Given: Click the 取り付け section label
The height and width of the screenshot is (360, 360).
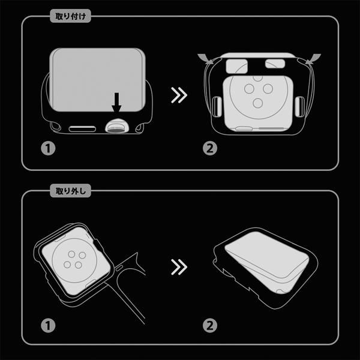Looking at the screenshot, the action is pos(70,16).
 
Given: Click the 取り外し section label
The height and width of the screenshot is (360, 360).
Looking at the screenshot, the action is pos(70,191).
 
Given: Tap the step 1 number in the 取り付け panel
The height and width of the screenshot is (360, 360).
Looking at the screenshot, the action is pos(48,148).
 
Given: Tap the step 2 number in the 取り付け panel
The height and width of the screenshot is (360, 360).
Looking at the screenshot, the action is pos(210,148).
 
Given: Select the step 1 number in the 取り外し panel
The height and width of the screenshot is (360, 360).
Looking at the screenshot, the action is pos(48,325).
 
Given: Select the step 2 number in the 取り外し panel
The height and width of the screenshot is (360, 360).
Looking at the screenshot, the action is pos(210,325).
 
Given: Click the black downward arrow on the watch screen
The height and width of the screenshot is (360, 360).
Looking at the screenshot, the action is pos(116,103).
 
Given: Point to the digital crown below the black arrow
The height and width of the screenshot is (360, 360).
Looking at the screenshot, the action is pos(117,126).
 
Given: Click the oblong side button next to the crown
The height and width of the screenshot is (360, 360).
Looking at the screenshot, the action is pos(82,129).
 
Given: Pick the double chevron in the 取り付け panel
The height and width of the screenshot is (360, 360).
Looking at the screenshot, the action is pos(179,95).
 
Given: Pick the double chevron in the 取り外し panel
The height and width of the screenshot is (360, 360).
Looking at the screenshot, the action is pos(179,267).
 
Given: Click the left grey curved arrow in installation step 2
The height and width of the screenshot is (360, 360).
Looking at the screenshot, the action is pos(205,58).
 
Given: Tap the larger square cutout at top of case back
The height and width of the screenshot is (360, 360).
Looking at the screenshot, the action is pos(237,67).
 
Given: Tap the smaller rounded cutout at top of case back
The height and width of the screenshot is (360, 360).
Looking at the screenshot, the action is pos(275,64).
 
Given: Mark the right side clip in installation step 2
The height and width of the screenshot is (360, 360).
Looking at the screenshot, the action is pos(299,107).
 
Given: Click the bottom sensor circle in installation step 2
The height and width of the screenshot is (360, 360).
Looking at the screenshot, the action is pos(257,103).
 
